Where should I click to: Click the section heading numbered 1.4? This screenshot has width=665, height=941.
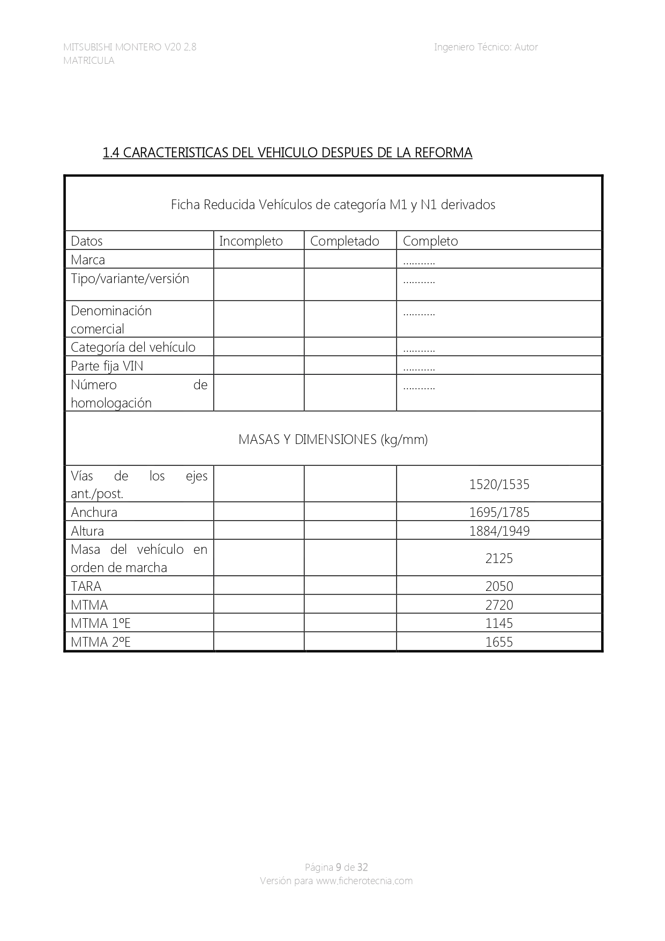click(287, 153)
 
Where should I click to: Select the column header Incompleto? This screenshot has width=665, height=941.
click(251, 241)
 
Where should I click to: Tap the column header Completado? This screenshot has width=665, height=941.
click(345, 241)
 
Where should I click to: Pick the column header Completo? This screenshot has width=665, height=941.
click(430, 241)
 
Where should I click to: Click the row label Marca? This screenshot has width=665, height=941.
click(88, 260)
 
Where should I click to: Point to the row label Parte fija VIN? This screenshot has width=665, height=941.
click(107, 366)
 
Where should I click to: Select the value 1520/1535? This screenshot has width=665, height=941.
click(499, 485)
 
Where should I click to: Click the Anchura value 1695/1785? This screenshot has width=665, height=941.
click(499, 513)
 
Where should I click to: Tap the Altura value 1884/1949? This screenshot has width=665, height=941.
click(499, 531)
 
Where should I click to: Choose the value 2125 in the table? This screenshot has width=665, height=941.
click(499, 559)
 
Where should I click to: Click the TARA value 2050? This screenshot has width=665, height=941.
click(499, 587)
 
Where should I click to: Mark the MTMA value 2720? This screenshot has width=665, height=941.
click(499, 605)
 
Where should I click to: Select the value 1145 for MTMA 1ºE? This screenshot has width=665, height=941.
click(499, 624)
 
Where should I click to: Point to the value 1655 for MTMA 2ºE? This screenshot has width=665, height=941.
click(499, 642)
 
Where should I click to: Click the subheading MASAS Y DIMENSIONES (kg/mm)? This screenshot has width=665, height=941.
click(333, 440)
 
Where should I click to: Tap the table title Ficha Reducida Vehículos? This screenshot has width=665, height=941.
click(333, 205)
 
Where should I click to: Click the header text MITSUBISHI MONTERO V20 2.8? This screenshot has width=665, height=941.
click(130, 47)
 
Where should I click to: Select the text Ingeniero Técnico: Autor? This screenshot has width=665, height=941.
click(485, 47)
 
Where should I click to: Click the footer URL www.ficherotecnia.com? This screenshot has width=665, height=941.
click(364, 881)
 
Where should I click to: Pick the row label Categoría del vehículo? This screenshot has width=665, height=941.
click(133, 347)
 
